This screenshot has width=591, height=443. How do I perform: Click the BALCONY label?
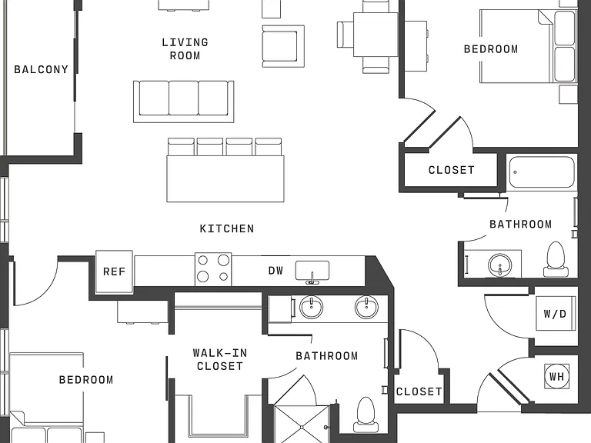tap(41, 69)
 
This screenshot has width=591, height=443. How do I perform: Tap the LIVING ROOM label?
tap(185, 49)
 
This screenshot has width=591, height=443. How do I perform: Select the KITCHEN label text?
tap(227, 228)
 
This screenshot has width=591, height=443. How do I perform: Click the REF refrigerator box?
tap(114, 271)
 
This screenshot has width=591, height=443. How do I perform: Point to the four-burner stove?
tap(213, 269)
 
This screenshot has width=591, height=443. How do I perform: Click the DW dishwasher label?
tap(275, 271)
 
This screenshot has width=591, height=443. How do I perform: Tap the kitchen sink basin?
tap(312, 271)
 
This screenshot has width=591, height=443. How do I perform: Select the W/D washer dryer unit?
tap(556, 314)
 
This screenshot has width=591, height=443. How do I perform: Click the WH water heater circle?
tap(556, 376)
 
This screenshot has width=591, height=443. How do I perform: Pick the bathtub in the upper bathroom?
tap(542, 172)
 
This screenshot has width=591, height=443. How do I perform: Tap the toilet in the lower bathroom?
tap(366, 414)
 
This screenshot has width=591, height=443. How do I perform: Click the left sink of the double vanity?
tap(312, 307)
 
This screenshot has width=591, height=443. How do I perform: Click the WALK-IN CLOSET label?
tap(220, 359)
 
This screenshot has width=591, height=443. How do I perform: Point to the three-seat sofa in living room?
tap(184, 102)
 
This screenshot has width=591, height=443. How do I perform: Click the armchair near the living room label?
tap(283, 46)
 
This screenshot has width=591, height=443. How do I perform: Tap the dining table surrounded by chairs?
tap(376, 35)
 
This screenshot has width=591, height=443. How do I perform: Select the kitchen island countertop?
tap(225, 179)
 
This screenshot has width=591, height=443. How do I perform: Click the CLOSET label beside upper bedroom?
tap(452, 170)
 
